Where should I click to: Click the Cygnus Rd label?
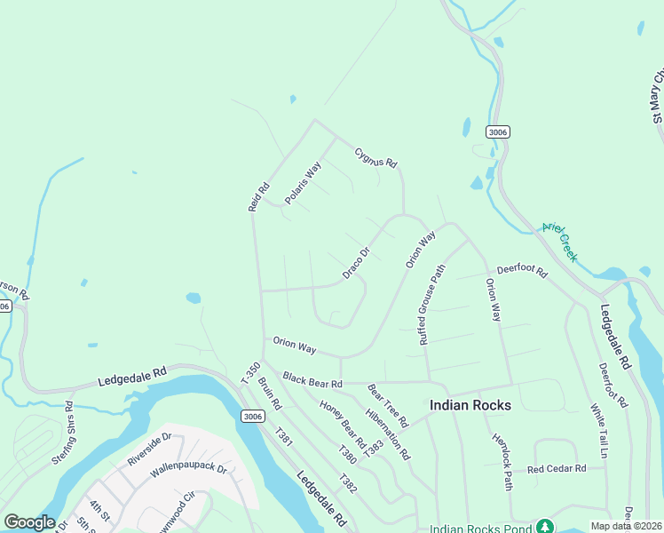(376, 157)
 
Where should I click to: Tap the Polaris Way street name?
(303, 182)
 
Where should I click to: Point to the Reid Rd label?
(258, 196)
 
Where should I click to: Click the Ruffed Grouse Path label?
(431, 304)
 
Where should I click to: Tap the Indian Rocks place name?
(470, 405)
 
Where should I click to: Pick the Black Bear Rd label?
(312, 380)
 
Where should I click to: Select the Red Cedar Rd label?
(557, 468)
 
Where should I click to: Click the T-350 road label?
(251, 375)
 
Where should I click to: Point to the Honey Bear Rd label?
(344, 424)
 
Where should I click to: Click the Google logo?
(29, 522)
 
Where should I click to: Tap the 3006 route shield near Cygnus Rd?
(498, 131)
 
